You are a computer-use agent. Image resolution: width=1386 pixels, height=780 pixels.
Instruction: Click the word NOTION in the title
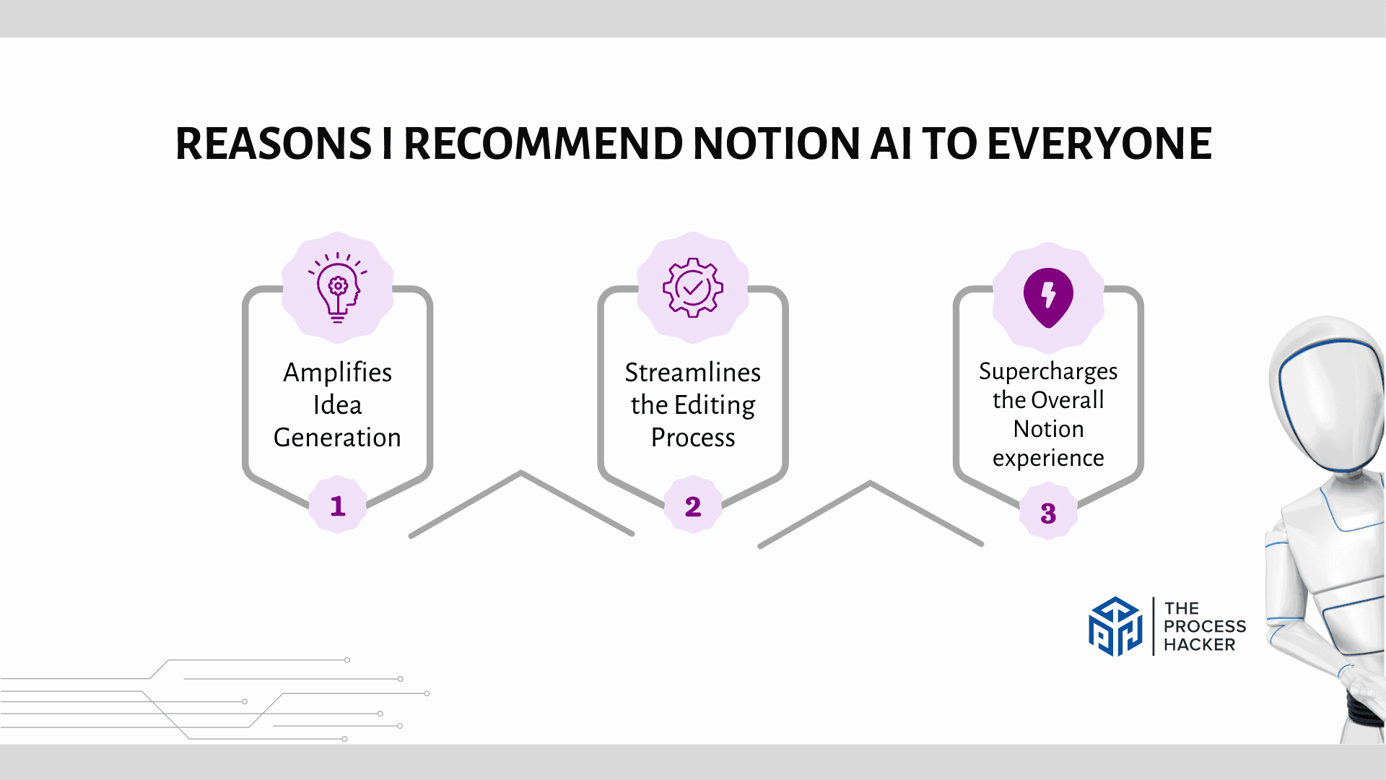[x=776, y=144]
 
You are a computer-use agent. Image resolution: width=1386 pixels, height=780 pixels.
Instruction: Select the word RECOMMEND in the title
[x=543, y=144]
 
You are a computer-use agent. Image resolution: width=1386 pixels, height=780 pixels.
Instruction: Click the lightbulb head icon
[x=338, y=287]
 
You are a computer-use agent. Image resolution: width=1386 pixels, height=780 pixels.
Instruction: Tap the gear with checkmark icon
[x=693, y=287]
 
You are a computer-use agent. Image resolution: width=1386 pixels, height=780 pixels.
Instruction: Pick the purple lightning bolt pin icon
[x=1048, y=297]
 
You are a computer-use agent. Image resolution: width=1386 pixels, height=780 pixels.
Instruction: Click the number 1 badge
[x=338, y=506]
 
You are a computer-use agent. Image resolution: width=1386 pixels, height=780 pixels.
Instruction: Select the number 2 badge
[x=693, y=506]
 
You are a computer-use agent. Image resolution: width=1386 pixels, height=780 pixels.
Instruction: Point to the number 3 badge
[x=1048, y=513]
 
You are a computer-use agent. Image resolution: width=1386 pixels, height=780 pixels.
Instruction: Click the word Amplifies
[x=338, y=373]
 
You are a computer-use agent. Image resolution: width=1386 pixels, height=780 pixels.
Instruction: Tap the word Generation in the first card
[x=338, y=438]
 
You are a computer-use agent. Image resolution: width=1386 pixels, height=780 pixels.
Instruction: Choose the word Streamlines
[x=693, y=373]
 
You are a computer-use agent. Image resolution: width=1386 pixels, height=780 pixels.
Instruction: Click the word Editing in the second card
[x=714, y=405]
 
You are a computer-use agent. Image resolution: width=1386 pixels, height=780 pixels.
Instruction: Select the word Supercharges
[x=1048, y=371]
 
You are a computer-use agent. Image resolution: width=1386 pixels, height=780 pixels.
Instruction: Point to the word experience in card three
[x=1048, y=458]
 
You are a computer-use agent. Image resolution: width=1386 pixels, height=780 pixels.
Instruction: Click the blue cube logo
[x=1115, y=626]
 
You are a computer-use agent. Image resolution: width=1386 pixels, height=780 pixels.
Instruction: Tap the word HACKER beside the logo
[x=1199, y=644]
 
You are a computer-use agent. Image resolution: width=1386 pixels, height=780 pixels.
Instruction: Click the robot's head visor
[x=1328, y=394]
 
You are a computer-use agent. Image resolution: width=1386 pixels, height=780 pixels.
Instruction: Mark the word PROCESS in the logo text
[x=1205, y=626]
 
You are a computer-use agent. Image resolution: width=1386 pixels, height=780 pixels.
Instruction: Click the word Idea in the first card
[x=338, y=405]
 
